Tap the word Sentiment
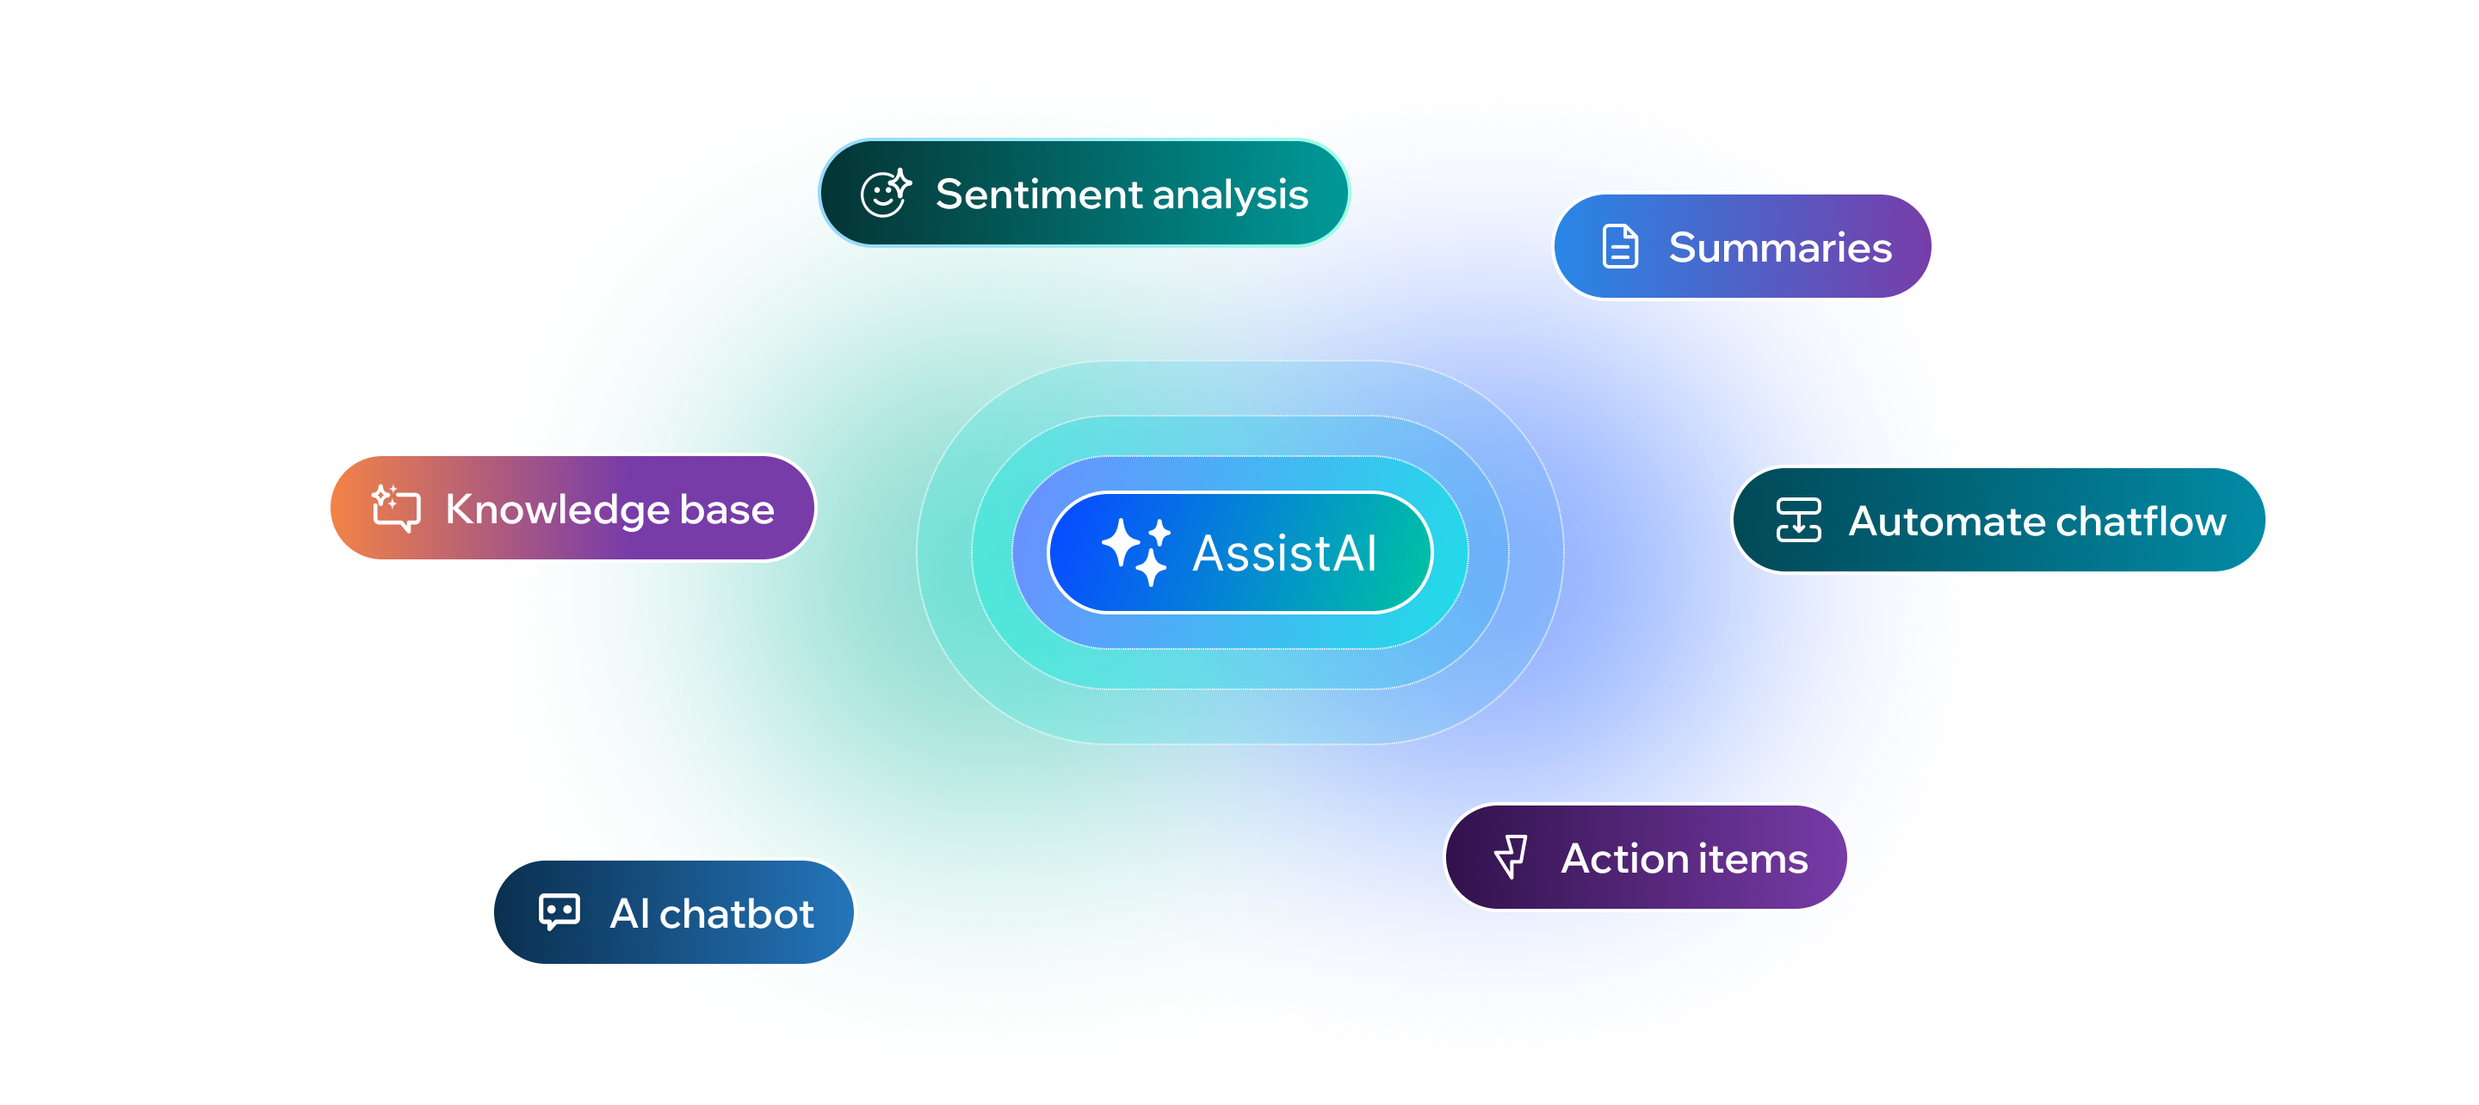(x=1039, y=194)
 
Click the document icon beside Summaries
(x=1620, y=246)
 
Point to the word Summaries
(x=1779, y=247)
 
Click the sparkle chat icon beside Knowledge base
(x=397, y=507)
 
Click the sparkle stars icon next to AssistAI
(x=1135, y=552)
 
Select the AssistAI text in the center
(x=1285, y=553)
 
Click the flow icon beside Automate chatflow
(x=1797, y=520)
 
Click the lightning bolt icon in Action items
(x=1512, y=855)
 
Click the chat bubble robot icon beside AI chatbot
(x=559, y=911)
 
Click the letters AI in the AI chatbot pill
(x=630, y=913)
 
